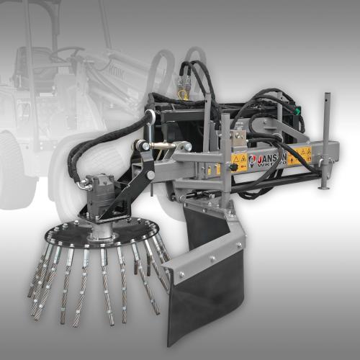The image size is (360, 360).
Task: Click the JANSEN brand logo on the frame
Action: coord(270,160)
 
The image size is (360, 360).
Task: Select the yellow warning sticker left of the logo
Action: coord(240,162)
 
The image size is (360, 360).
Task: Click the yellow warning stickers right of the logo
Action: coord(303,154)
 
